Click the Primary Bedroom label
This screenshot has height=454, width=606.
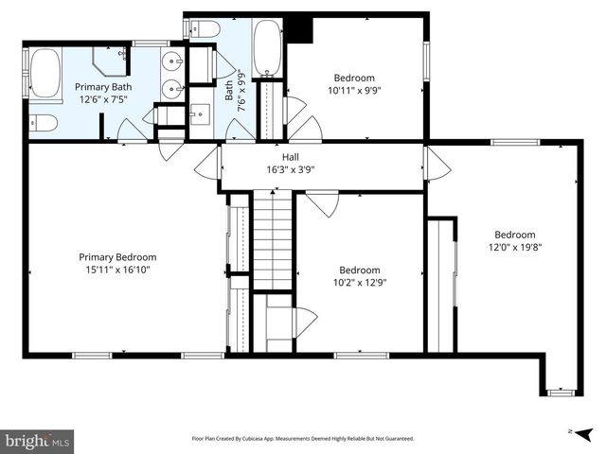(x=116, y=256)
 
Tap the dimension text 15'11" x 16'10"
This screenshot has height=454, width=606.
(x=116, y=270)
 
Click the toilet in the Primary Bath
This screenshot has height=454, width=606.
(x=43, y=122)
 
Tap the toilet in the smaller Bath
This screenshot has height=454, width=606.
(x=205, y=29)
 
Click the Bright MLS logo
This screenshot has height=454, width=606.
(x=38, y=441)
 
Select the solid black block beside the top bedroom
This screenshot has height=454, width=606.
(x=299, y=29)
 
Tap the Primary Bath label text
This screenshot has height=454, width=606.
(x=103, y=86)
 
